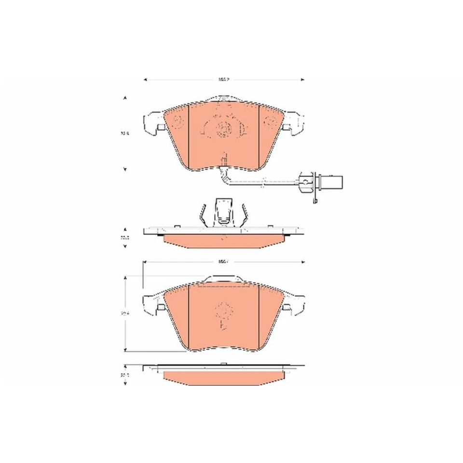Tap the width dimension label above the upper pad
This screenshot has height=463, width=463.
coord(222,79)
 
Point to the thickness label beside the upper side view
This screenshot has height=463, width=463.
coord(125,237)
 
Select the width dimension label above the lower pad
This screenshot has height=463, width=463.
coord(222,262)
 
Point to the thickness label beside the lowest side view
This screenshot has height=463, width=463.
coord(125,374)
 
